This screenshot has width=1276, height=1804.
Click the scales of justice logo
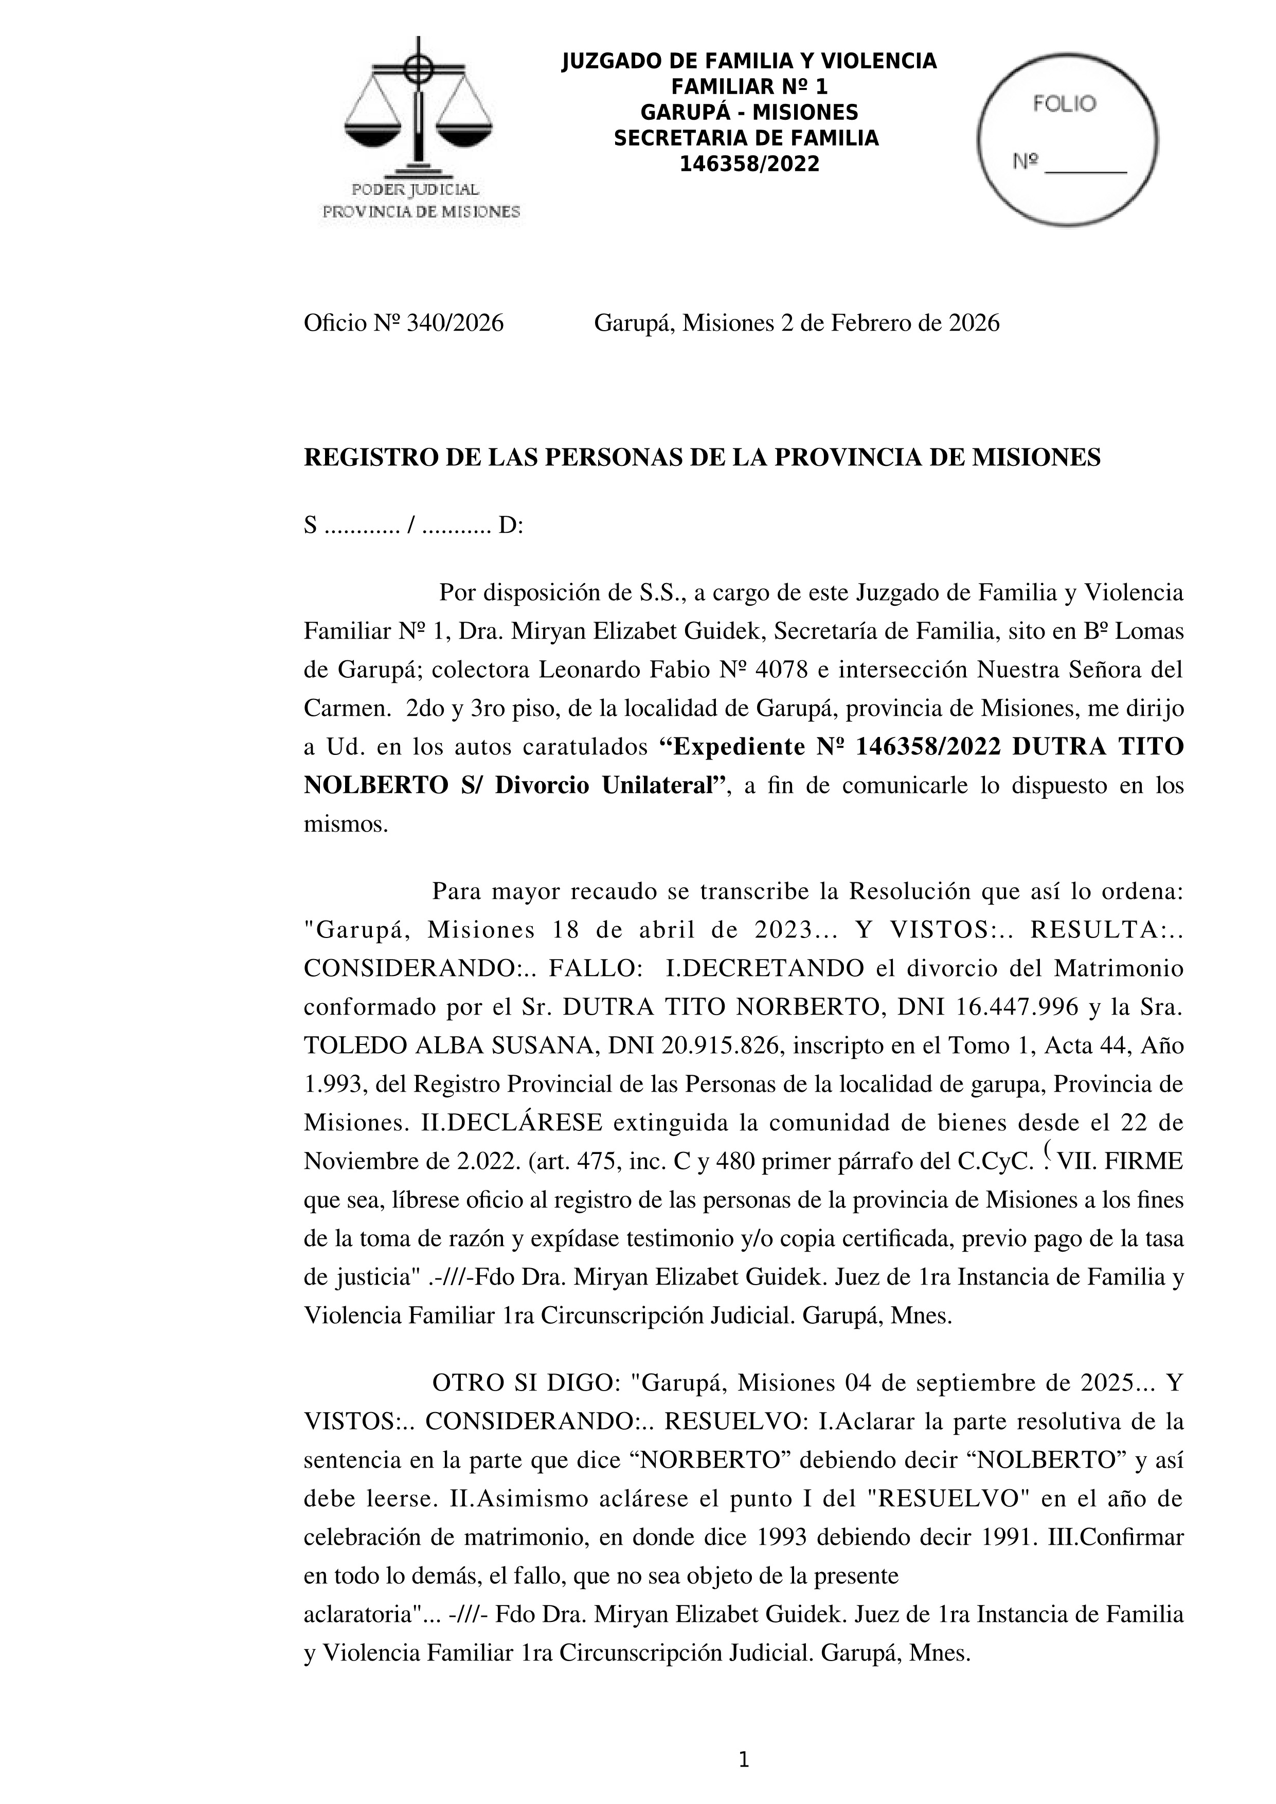coord(419,106)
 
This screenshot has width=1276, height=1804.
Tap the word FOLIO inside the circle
coord(1064,104)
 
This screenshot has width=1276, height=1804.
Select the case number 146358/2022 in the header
coord(749,164)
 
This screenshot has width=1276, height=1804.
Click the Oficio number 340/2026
coord(454,323)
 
